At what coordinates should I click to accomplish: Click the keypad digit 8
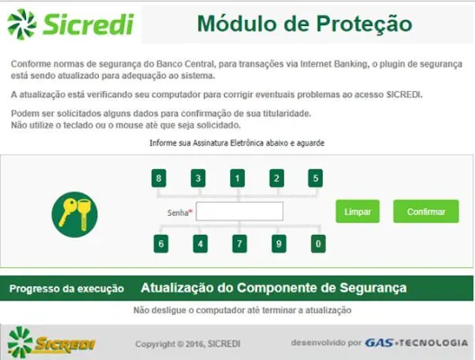click(159, 178)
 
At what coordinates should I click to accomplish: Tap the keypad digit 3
click(198, 178)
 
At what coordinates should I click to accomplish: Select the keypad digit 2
click(277, 178)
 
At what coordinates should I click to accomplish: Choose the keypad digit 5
click(316, 178)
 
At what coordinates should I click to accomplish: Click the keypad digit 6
click(160, 243)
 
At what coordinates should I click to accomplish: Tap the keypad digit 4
click(200, 243)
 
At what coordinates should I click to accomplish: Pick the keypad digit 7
click(239, 243)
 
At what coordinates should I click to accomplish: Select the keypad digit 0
click(318, 243)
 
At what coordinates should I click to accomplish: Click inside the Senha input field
click(239, 211)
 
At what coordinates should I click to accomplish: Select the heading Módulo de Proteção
click(304, 22)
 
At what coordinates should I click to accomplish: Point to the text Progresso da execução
click(66, 289)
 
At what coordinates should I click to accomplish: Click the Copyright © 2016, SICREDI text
click(187, 344)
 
